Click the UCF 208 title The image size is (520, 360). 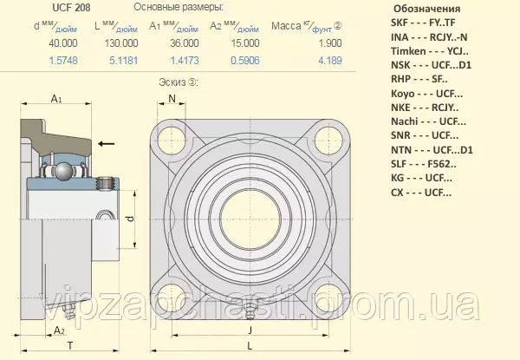tap(71, 8)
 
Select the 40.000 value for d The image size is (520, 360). tap(63, 43)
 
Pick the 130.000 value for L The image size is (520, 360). tap(121, 43)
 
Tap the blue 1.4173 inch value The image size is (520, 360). tap(185, 61)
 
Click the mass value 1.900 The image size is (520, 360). tap(329, 43)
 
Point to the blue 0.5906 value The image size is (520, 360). tap(245, 61)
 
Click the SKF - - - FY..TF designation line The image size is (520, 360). tap(423, 23)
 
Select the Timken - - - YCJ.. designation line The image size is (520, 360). tap(430, 51)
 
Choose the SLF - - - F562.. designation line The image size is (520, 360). tap(424, 164)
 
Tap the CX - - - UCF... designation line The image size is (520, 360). tap(421, 193)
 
